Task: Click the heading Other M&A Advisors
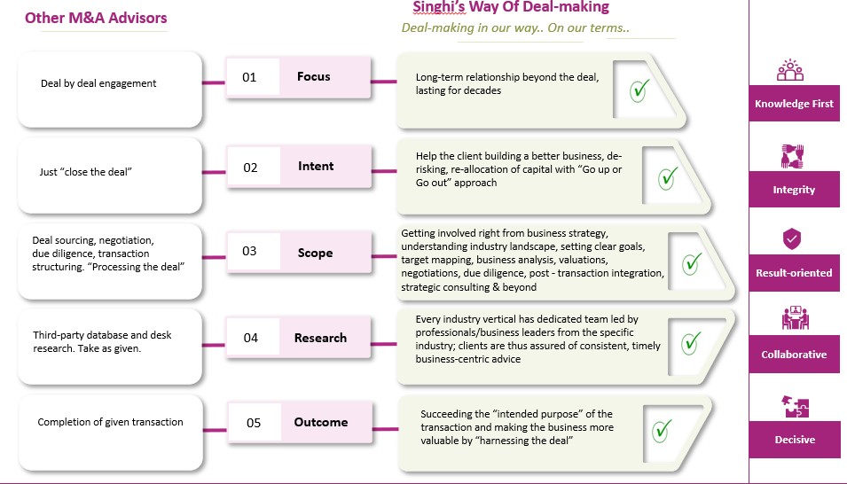coord(96,18)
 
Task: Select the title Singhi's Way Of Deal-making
coord(511,8)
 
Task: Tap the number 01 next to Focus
coord(249,77)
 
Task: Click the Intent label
coord(316,166)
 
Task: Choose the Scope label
coord(315,253)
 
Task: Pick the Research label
coord(320,338)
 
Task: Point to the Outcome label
coord(321,422)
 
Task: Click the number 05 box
coord(254,423)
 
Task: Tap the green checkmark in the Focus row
coord(639,90)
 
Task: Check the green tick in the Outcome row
coord(662,431)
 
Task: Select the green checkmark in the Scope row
coord(692,262)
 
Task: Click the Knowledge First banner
coord(794,104)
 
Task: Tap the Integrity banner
coord(794,190)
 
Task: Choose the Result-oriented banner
coord(794,273)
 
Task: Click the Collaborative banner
coord(794,355)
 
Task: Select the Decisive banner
coord(794,440)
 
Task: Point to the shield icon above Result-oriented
coord(792,238)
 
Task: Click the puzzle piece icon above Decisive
coord(793,407)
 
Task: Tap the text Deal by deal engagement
coord(98,83)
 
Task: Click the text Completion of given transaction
coord(110,422)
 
